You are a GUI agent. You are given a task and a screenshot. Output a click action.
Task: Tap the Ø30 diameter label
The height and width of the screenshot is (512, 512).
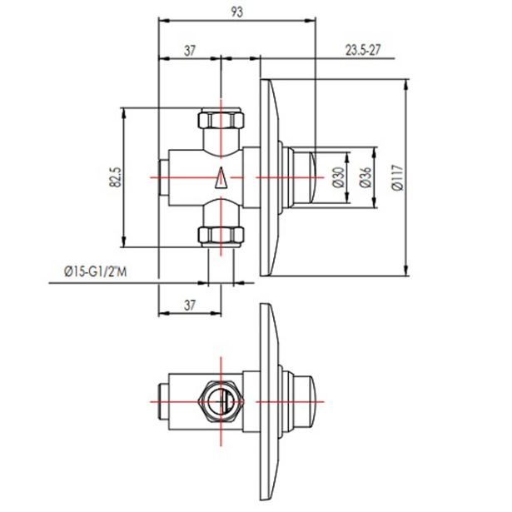tap(338, 177)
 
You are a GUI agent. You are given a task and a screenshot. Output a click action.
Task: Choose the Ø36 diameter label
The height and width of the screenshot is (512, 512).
tap(364, 177)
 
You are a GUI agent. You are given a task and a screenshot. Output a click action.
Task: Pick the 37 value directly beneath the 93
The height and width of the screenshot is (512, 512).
tap(190, 50)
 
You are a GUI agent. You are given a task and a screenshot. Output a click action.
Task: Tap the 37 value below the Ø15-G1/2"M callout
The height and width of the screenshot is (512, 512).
tap(190, 305)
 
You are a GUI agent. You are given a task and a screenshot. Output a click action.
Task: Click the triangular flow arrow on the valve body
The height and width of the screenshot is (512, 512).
tap(221, 178)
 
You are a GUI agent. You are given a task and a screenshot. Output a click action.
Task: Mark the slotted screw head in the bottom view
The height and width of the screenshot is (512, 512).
tap(221, 398)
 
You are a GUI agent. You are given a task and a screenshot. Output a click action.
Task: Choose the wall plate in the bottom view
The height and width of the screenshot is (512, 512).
tap(268, 397)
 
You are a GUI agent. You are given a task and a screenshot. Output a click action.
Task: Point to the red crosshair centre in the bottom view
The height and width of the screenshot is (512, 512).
tap(221, 398)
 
